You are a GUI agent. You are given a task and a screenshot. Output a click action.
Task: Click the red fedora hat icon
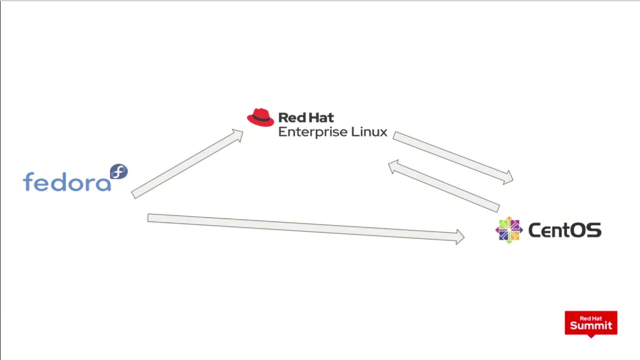click(260, 117)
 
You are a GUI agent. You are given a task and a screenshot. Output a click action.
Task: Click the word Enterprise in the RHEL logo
click(312, 132)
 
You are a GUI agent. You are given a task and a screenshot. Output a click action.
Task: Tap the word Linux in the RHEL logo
click(369, 131)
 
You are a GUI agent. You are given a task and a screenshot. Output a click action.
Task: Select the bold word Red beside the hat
click(291, 117)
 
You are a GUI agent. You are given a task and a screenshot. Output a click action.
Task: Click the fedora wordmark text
click(67, 181)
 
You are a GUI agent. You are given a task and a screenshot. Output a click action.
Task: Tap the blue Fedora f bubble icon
click(119, 171)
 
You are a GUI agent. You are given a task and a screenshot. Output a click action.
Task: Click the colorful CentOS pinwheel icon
click(509, 230)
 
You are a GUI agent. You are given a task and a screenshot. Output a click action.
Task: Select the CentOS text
click(565, 230)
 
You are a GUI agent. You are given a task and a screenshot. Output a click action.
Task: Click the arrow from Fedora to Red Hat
click(187, 163)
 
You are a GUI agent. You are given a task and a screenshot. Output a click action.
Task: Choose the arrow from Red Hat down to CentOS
click(453, 158)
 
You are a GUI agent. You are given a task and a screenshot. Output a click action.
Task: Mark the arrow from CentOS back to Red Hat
click(444, 186)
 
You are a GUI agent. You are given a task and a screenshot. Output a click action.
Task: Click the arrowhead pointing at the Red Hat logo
click(238, 135)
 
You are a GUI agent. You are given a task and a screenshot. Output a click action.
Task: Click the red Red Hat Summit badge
click(591, 323)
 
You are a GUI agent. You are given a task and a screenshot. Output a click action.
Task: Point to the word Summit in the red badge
click(591, 325)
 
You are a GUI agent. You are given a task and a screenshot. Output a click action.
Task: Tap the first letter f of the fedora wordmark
click(29, 181)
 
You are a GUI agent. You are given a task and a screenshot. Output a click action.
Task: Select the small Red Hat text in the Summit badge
click(591, 318)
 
